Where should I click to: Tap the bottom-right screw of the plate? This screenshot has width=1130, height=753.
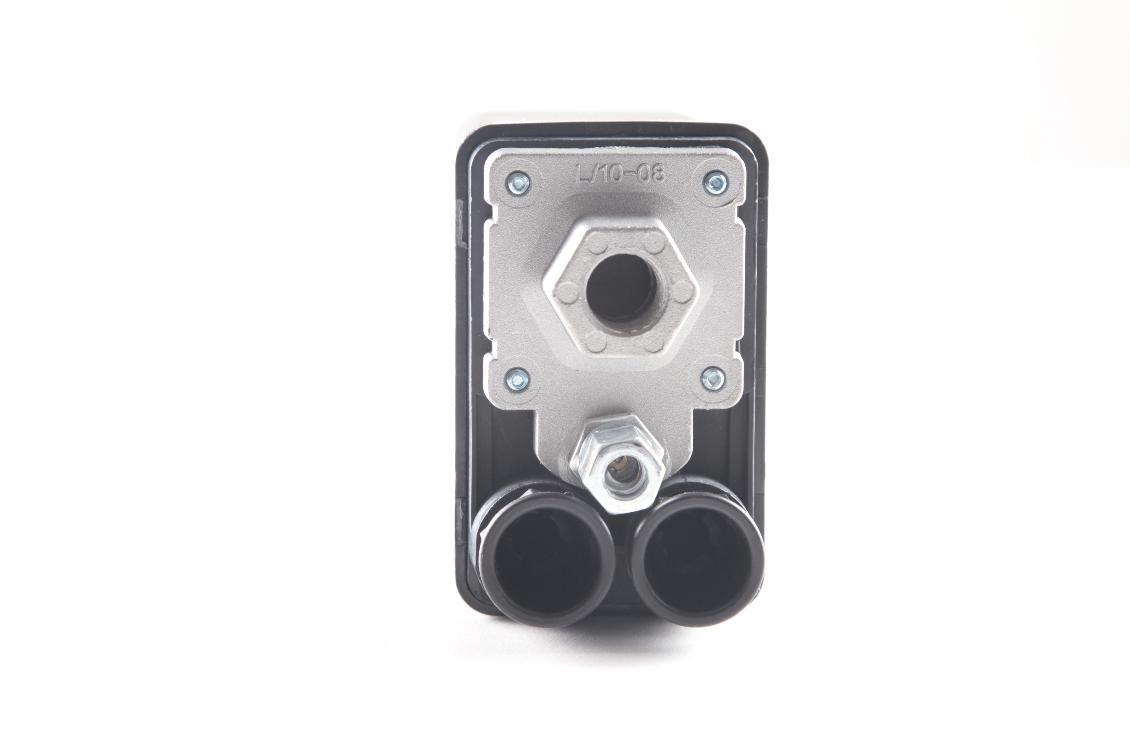pyautogui.click(x=713, y=377)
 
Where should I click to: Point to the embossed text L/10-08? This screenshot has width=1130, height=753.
pyautogui.click(x=620, y=174)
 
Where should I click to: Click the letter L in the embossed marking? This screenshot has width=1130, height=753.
pyautogui.click(x=583, y=174)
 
